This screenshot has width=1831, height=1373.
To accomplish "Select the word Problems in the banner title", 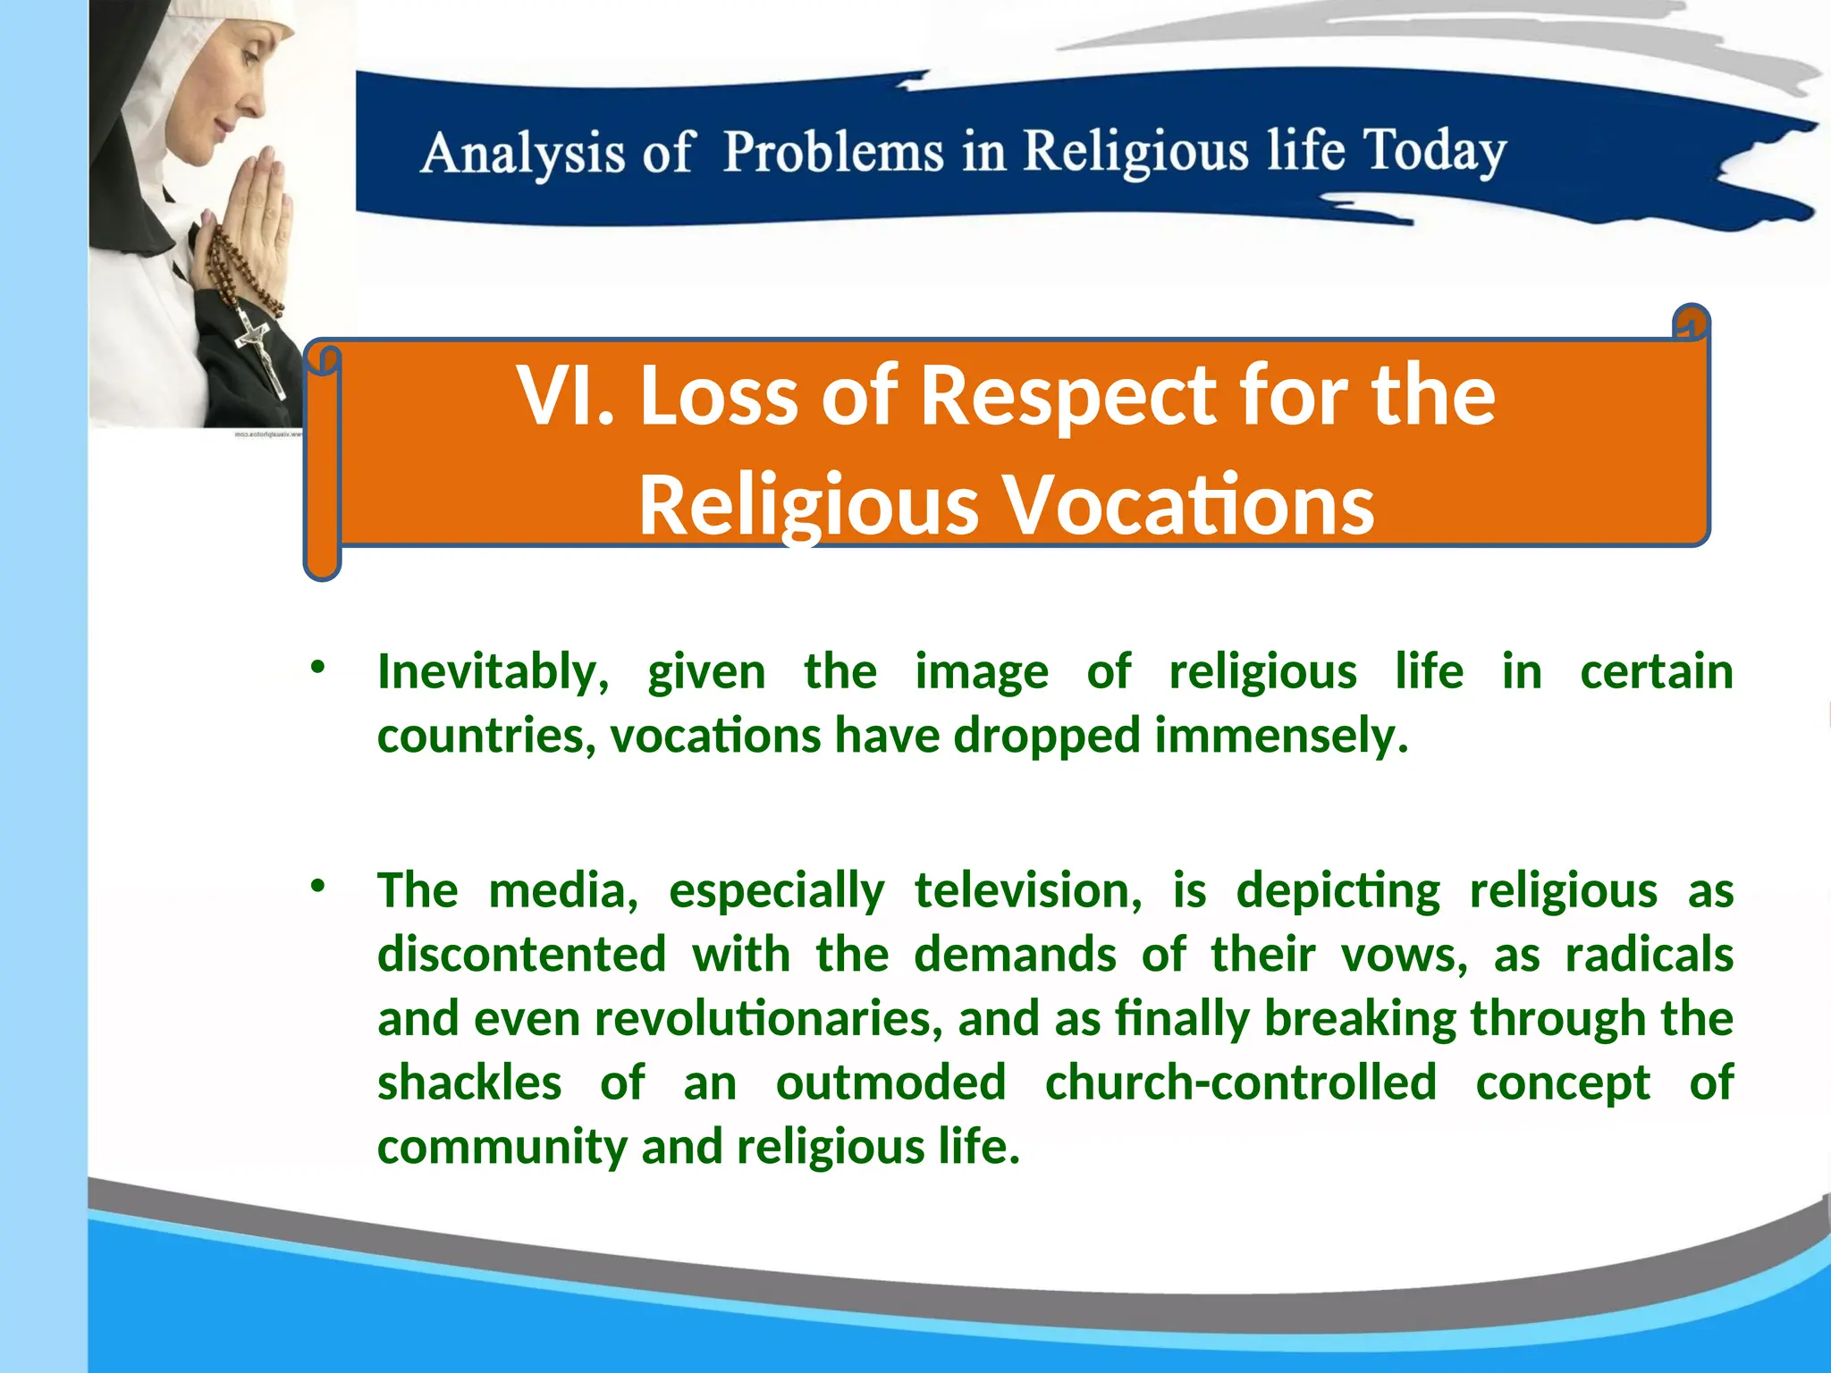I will (833, 151).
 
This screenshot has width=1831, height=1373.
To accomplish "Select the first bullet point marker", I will (317, 667).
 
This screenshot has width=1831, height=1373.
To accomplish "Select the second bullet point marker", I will (317, 886).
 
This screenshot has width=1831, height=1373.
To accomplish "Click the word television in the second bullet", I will (1027, 891).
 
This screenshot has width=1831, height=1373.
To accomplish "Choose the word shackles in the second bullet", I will (469, 1083).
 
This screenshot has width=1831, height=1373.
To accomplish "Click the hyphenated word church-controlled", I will (1240, 1083).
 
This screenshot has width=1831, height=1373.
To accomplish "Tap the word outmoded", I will (890, 1083).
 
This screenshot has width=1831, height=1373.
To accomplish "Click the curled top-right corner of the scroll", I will (1691, 323).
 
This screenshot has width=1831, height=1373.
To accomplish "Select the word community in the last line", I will (502, 1148).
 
